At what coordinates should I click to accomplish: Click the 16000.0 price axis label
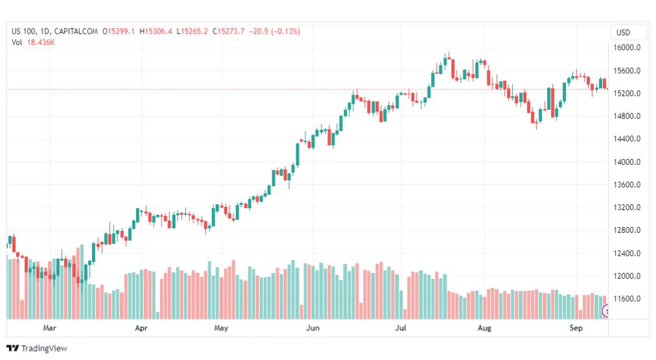(627, 48)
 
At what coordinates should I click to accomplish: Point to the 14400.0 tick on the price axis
(627, 139)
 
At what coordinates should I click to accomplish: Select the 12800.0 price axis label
(627, 230)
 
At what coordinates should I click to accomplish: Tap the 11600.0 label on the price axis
(627, 299)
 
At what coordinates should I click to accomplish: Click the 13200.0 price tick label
(627, 208)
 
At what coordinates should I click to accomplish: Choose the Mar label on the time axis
(49, 328)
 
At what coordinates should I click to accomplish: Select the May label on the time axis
(221, 328)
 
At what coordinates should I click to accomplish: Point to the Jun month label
(313, 328)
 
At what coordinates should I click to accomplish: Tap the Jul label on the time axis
(402, 328)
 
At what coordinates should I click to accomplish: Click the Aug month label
(484, 328)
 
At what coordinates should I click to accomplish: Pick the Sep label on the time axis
(576, 328)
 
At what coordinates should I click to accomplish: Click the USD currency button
(623, 32)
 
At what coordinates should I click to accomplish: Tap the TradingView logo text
(43, 348)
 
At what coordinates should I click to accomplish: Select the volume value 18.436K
(40, 42)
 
